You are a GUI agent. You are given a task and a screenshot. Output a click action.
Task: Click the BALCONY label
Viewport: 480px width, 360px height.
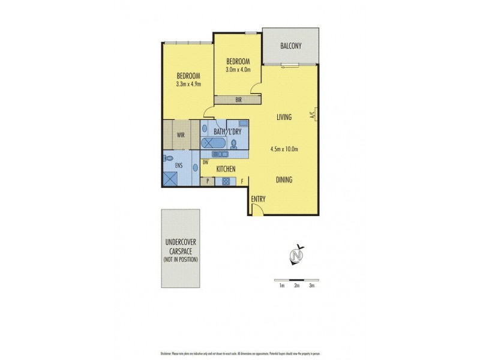(x=291, y=46)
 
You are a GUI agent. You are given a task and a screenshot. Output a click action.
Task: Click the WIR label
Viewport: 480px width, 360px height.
(x=181, y=135)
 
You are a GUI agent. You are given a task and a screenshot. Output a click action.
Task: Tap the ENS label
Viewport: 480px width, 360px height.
(x=179, y=164)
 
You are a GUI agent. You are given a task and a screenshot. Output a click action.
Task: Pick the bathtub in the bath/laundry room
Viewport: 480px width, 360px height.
(x=213, y=143)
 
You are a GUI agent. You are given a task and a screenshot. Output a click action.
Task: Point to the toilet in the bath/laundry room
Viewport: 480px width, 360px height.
(x=235, y=143)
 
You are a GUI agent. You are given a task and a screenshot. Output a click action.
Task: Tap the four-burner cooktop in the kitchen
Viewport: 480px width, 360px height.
(x=227, y=181)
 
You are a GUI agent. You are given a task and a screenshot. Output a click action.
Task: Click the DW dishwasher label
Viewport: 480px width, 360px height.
(x=205, y=162)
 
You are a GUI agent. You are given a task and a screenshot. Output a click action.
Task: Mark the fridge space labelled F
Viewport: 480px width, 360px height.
(x=242, y=181)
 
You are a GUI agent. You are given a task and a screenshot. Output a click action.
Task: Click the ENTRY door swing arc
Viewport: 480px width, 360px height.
(x=256, y=208)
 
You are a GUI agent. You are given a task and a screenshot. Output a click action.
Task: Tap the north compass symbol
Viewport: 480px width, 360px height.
(x=295, y=256)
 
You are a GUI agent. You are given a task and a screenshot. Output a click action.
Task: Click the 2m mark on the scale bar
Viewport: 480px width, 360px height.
(x=297, y=286)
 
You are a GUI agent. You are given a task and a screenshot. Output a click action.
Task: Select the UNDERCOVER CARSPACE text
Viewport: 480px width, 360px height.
(x=181, y=247)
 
